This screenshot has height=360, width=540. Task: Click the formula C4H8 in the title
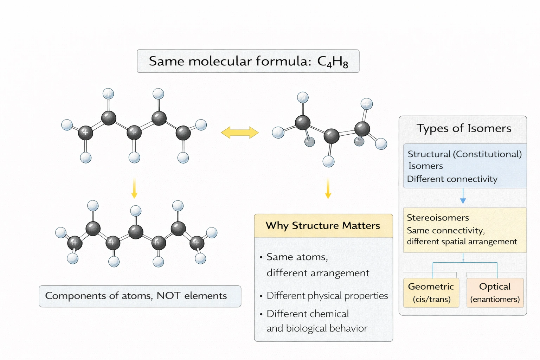point(332,62)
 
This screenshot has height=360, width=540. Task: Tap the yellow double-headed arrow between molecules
point(240,133)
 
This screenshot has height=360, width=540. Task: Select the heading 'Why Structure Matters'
point(323,225)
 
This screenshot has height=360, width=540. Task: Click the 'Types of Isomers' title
point(464,128)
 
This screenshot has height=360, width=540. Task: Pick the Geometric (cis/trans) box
point(431,292)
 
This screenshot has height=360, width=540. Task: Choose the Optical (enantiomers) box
point(495,292)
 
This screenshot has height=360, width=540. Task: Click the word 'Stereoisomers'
point(438,218)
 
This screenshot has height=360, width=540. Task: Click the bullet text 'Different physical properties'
point(327,296)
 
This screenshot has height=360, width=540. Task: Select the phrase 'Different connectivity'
point(452,179)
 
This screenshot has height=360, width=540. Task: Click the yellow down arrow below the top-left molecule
point(134,188)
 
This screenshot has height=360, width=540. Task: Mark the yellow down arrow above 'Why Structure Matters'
point(328,189)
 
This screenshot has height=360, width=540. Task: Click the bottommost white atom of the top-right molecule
point(328,161)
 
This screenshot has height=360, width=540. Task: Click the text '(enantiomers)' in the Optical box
point(495,299)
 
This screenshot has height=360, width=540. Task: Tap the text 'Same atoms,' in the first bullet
point(297,257)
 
